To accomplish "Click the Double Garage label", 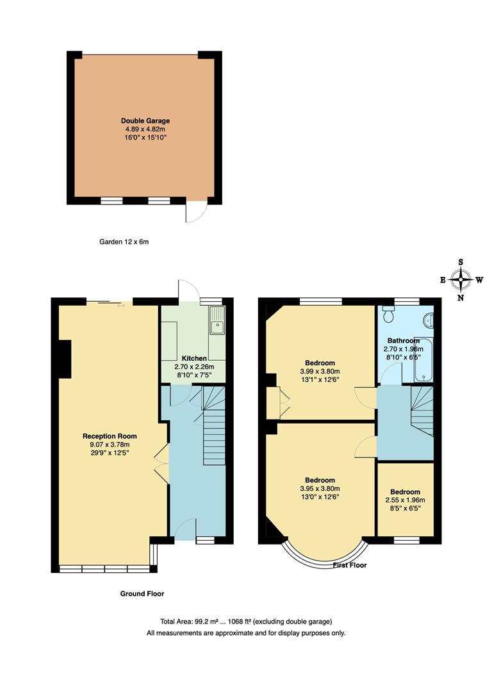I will pos(145,120).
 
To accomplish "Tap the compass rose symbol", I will pos(461,279).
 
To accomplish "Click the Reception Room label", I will pos(110,436).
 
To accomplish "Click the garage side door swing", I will pos(196,211).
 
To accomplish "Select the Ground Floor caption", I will pos(142,594).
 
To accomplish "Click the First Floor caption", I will pos(350,566).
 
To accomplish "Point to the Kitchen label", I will pos(194,358).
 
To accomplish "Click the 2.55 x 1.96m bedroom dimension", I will pos(404,500).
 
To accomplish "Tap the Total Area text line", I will pos(246,622).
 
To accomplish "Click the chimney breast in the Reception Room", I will pos(64,359).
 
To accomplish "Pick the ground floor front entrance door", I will pos(184,529).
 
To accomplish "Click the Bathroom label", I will pos(403,341).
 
